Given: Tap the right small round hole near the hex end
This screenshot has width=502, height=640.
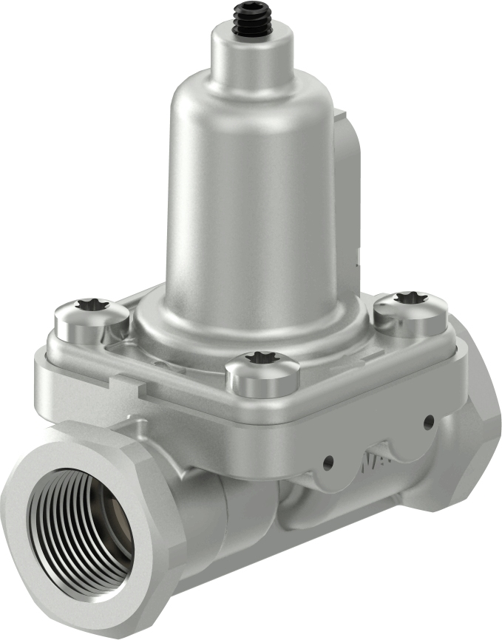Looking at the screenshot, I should [x=428, y=422].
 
